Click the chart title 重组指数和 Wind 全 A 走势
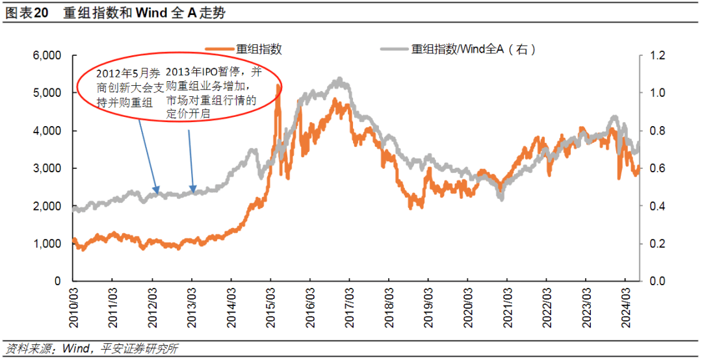[144, 12]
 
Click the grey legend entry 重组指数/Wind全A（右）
[474, 49]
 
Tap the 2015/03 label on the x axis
[270, 305]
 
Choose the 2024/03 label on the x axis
[625, 305]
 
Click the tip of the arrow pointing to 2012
[156, 192]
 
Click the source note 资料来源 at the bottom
[91, 348]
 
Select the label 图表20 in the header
[27, 12]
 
